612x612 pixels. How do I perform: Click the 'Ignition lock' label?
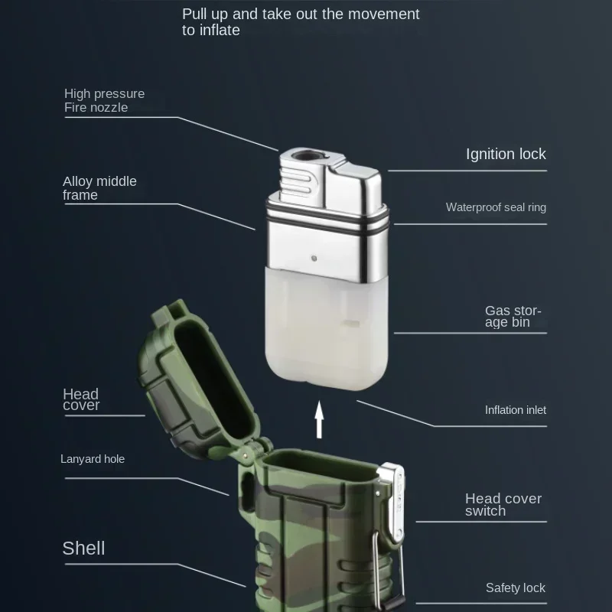506,155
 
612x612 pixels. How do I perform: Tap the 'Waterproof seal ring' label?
496,207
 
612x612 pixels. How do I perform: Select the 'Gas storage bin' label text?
513,316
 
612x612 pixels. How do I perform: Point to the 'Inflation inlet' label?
515,410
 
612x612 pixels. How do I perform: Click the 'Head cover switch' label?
503,504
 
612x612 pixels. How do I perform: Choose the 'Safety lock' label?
515,588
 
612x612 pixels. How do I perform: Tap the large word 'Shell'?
83,548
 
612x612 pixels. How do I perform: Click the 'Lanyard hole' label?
93,458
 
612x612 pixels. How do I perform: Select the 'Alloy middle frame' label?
99,187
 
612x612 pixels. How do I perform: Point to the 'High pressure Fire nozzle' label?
104,100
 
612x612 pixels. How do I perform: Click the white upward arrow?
319,419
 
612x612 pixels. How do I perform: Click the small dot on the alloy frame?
314,258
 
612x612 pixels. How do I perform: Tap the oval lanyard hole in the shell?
247,491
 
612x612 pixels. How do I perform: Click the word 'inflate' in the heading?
220,30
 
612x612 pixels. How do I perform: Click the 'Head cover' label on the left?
81,399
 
